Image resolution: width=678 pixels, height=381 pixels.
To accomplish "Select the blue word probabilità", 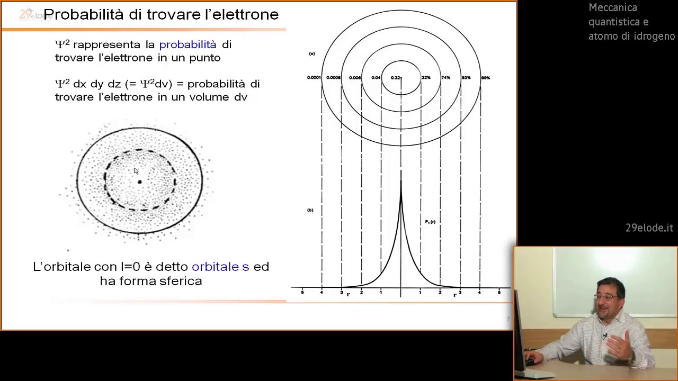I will tap(188, 44).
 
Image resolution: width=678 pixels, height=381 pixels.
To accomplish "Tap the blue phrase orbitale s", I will tap(220, 267).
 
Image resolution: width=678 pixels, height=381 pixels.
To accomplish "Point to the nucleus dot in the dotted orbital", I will tap(140, 182).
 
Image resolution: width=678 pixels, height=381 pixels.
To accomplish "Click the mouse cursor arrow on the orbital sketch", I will tap(136, 171).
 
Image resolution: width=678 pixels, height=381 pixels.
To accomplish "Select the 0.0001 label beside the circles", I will tap(314, 78).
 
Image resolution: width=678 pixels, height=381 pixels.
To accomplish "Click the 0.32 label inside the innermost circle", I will tap(396, 78).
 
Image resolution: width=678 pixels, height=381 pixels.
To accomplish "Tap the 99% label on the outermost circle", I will tap(485, 78).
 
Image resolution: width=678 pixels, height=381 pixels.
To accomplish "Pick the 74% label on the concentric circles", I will tap(445, 78).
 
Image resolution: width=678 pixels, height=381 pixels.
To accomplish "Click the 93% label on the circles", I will tap(466, 78).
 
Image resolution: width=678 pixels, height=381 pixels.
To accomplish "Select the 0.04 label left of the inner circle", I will tap(376, 78).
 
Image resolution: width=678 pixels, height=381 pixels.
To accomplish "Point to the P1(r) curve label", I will tap(430, 222).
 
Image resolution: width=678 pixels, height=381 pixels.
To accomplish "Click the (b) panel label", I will tap(310, 210).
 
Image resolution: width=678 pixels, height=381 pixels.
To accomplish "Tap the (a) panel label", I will tap(312, 53).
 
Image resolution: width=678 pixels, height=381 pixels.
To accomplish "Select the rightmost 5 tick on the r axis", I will tap(499, 292).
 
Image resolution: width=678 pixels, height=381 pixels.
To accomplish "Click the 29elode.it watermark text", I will tap(649, 228).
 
